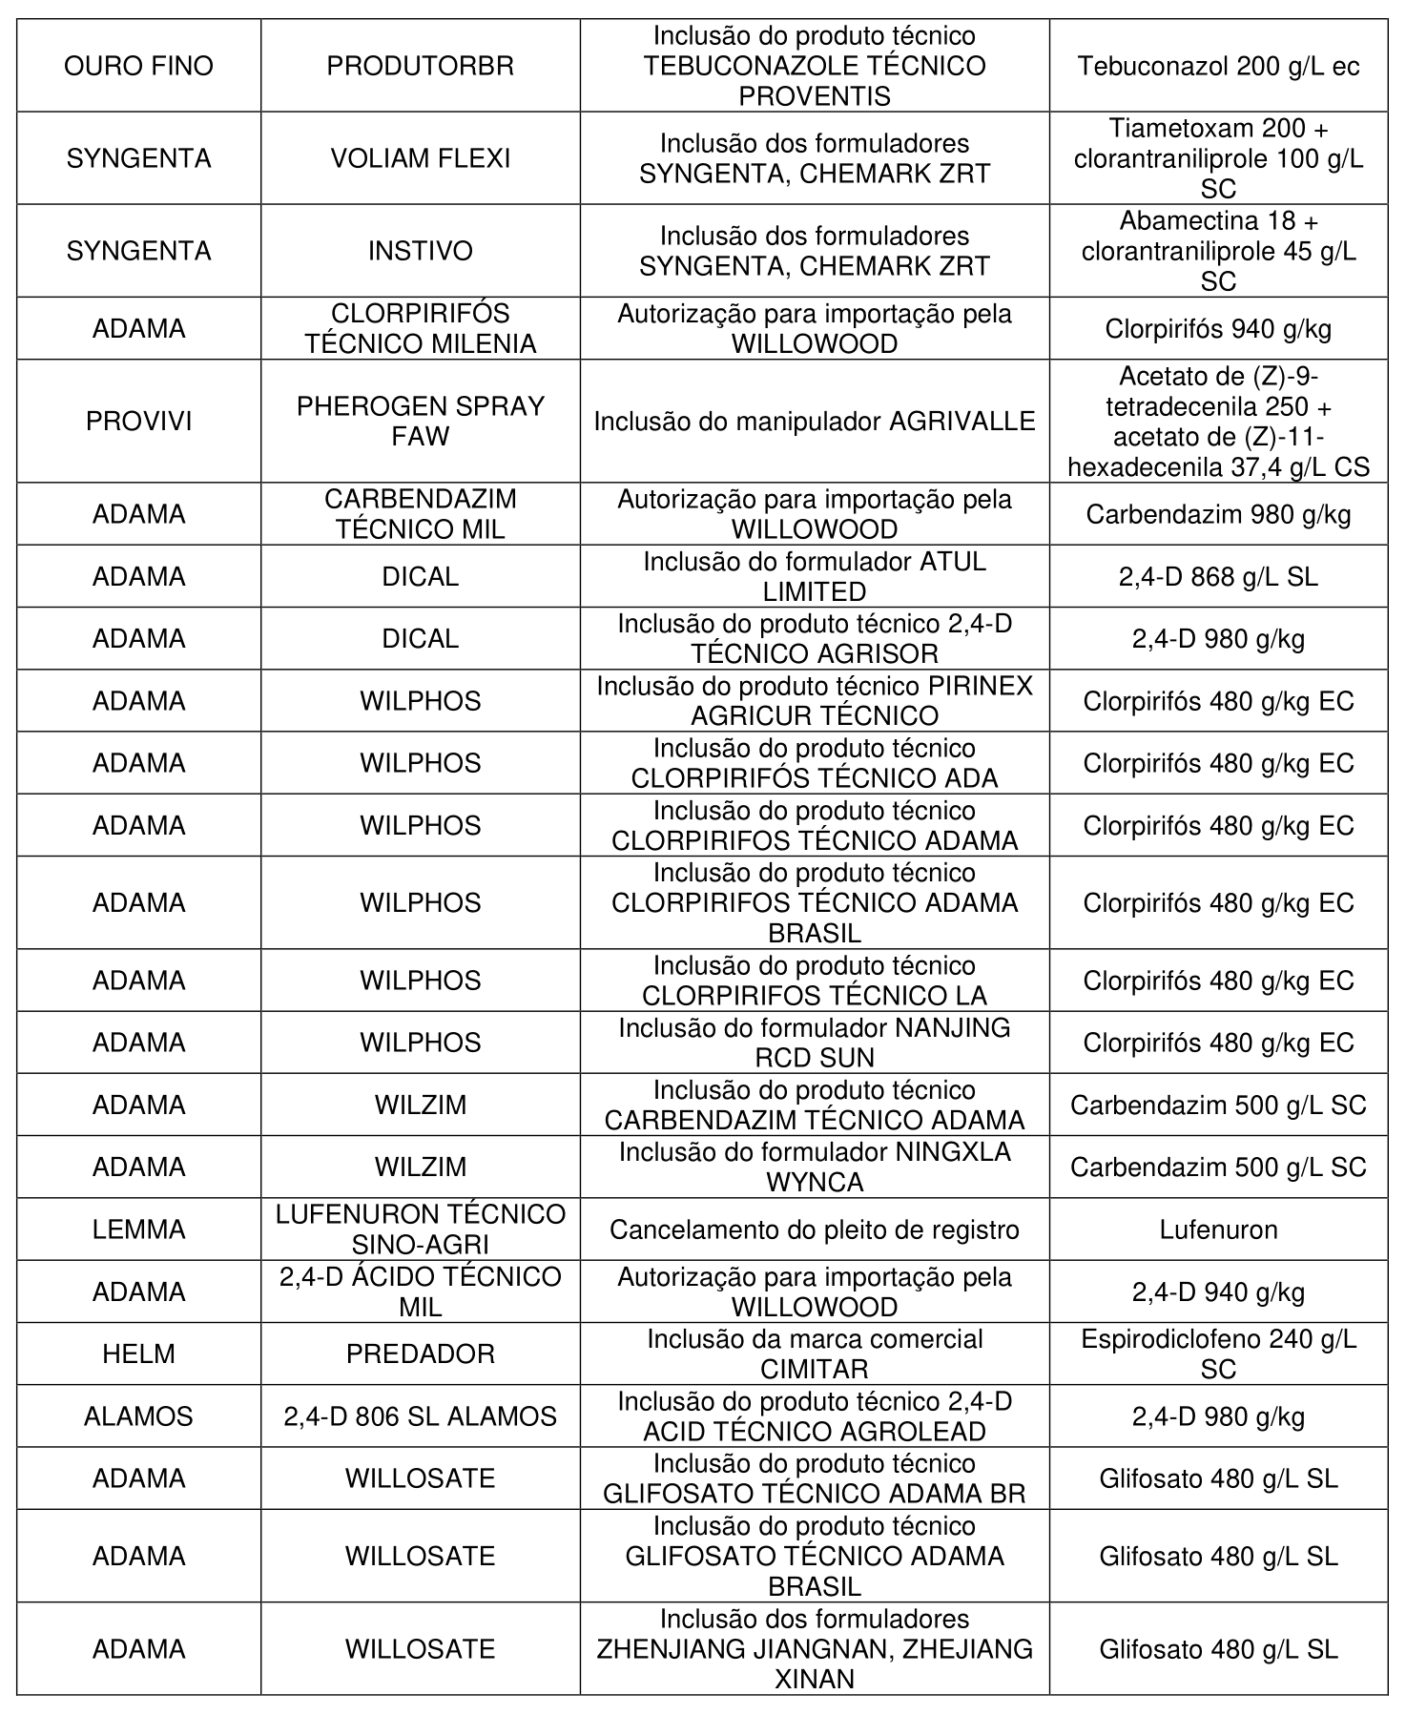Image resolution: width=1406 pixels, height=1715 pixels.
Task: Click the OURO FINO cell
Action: point(138,66)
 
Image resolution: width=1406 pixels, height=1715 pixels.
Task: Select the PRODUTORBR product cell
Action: point(420,66)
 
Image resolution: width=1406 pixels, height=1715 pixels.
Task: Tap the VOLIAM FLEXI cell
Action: point(420,158)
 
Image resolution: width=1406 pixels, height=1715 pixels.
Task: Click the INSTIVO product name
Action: point(420,251)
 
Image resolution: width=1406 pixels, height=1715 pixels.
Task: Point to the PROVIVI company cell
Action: point(138,422)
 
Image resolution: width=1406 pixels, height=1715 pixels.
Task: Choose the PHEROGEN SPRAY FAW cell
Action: point(420,422)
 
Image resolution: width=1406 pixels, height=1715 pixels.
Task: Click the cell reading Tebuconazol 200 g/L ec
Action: point(1218,66)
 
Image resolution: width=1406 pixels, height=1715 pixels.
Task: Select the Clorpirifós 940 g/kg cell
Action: point(1218,329)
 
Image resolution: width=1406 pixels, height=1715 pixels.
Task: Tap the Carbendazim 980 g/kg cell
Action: point(1218,515)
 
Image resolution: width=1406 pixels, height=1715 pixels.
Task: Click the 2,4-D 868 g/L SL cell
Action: point(1218,577)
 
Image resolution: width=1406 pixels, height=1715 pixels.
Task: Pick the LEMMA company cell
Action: point(138,1229)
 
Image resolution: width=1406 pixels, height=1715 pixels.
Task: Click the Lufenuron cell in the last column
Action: point(1218,1229)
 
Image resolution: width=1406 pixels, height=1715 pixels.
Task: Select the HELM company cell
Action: point(138,1354)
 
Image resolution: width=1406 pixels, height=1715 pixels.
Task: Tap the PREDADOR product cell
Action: point(420,1354)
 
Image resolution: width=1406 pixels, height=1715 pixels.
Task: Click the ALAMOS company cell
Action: point(138,1416)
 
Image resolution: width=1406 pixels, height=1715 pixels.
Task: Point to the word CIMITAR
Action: point(814,1370)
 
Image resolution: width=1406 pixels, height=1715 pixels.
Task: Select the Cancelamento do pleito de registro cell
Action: point(814,1229)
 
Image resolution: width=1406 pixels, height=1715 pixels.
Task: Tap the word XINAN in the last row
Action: point(814,1680)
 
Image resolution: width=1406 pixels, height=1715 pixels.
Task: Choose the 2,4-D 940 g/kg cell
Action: point(1218,1292)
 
